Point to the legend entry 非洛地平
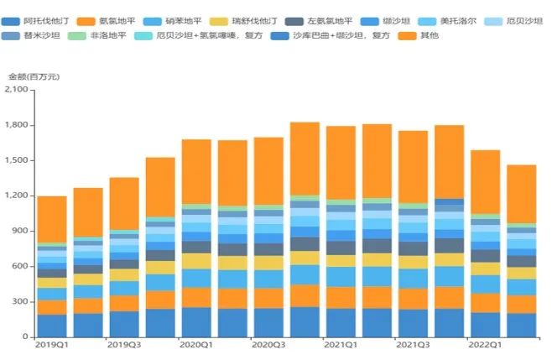click(x=108, y=36)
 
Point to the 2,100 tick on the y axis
click(x=17, y=90)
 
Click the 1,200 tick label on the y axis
click(x=17, y=196)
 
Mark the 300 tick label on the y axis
click(x=20, y=301)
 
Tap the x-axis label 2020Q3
click(x=268, y=344)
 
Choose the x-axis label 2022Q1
click(x=485, y=344)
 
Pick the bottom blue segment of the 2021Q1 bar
click(x=341, y=322)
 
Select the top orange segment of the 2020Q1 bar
click(x=196, y=171)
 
